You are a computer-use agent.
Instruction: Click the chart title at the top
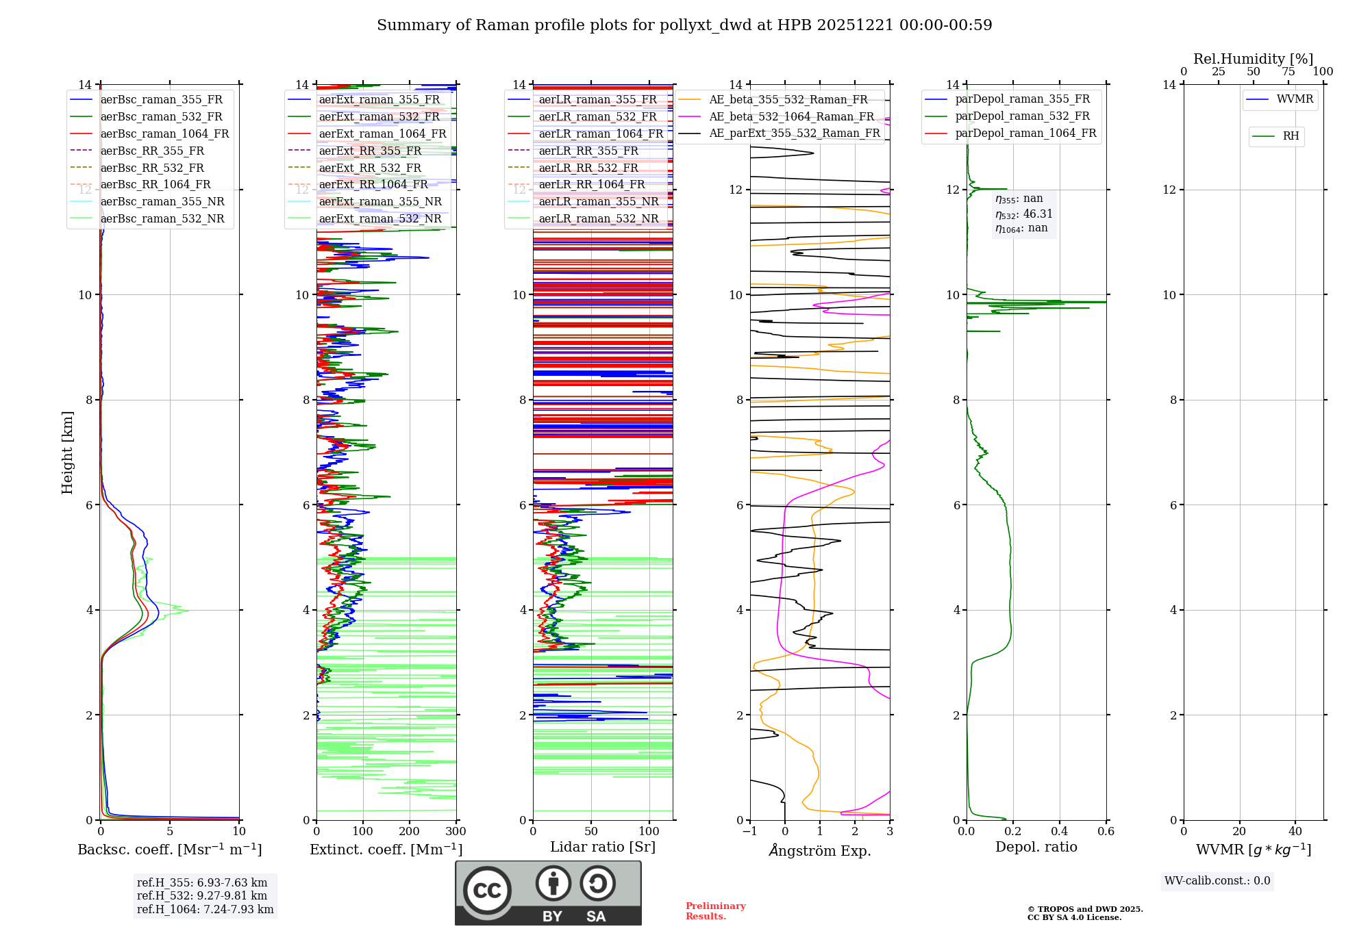[684, 25]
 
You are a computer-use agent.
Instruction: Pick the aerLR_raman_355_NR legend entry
[598, 201]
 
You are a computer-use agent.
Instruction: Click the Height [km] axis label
[67, 452]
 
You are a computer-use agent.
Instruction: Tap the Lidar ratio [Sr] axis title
[603, 847]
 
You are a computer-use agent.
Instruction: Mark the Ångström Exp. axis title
[820, 850]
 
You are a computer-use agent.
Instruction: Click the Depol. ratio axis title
[1036, 847]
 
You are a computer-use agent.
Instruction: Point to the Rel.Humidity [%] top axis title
[1253, 59]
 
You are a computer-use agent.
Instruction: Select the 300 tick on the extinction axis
[456, 832]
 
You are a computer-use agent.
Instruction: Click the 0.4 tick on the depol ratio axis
[1060, 832]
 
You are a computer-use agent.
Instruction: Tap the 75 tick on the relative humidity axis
[1288, 71]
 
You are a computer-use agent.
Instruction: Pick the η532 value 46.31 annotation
[1024, 214]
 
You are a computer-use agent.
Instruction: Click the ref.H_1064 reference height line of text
[205, 909]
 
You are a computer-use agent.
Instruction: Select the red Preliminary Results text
[715, 910]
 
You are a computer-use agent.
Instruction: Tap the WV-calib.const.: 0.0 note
[1217, 881]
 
